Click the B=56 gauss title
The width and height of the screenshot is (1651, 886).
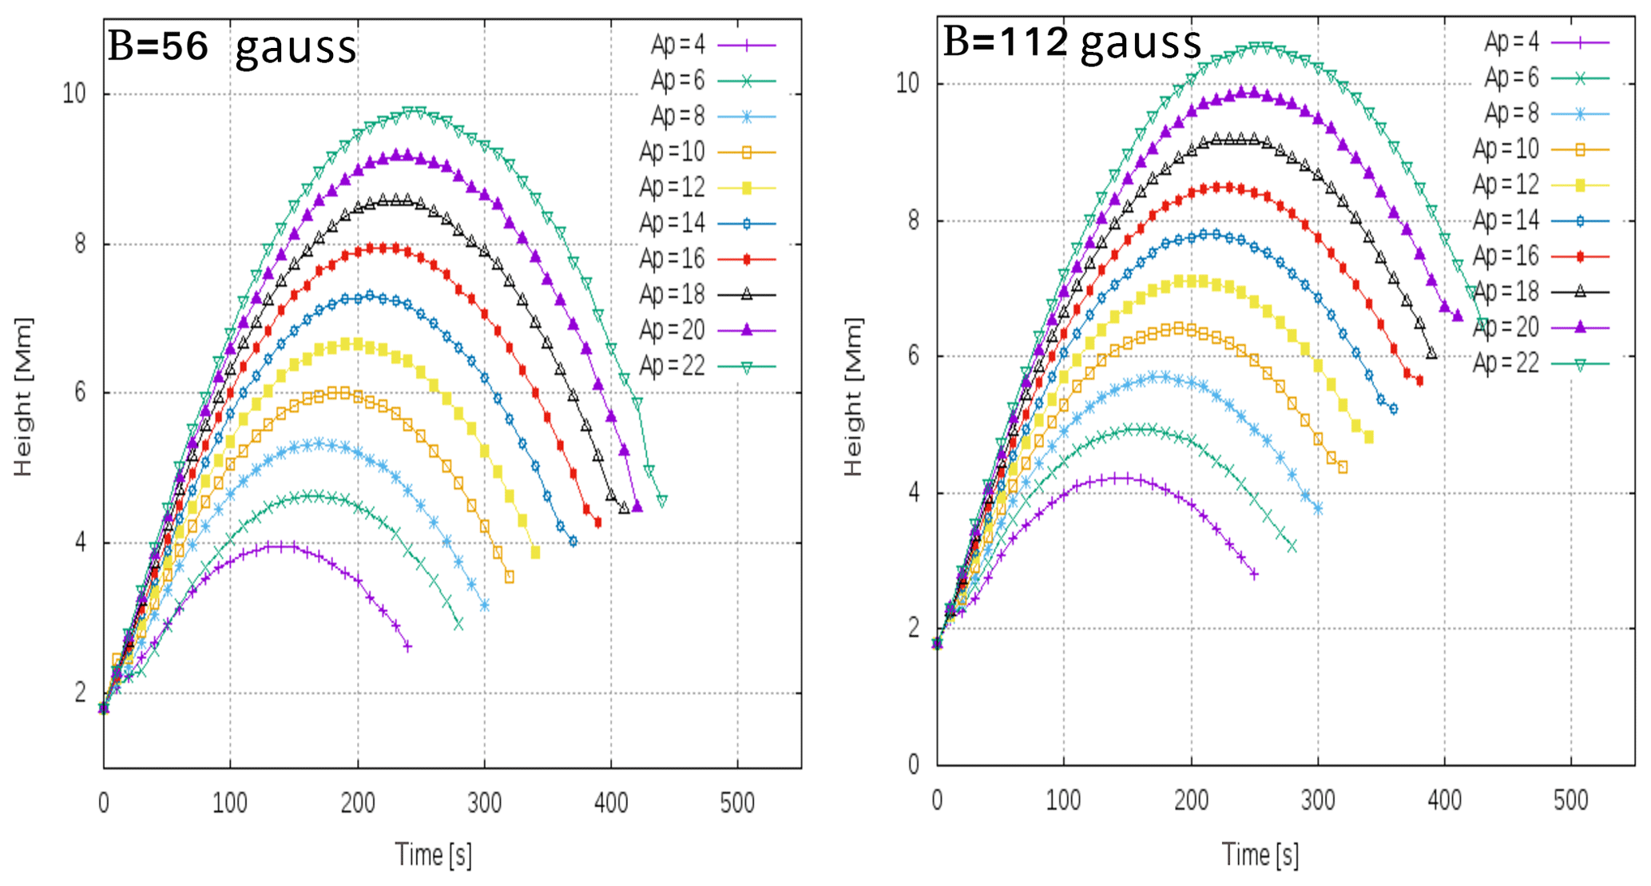(232, 46)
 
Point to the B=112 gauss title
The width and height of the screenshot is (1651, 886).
(1071, 42)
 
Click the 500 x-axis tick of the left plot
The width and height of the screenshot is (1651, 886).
(736, 802)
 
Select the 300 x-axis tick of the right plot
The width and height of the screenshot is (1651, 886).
(1317, 800)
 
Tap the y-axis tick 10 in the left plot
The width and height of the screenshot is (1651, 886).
(74, 93)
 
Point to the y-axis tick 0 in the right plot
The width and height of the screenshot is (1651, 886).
(914, 765)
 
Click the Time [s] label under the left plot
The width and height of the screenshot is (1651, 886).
(433, 855)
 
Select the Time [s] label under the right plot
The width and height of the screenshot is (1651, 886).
(1260, 855)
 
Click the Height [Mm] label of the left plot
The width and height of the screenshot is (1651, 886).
(23, 397)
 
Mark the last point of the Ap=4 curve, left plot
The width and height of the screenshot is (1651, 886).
(408, 646)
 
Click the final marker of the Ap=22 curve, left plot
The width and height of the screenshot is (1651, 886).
(662, 501)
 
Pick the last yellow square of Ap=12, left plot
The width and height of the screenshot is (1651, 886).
(535, 553)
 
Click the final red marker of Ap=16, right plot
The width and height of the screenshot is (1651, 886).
(1419, 381)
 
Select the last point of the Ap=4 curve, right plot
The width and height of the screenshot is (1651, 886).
(1254, 574)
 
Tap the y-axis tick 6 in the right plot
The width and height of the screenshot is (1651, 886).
(914, 356)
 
